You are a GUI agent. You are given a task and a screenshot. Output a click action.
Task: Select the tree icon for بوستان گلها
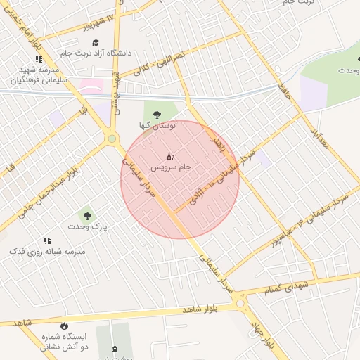coord(155,114)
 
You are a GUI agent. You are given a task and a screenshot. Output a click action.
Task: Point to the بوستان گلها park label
coord(155,125)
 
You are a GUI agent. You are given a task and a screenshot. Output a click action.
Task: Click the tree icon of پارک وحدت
coord(87,215)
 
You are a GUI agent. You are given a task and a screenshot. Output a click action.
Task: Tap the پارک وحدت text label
coord(86,227)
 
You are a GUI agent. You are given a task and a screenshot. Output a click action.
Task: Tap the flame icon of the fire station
coord(65,326)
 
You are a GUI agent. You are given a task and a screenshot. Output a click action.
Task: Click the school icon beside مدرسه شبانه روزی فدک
coord(47,240)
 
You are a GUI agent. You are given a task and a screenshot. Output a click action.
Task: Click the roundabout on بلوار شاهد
coord(241,304)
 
